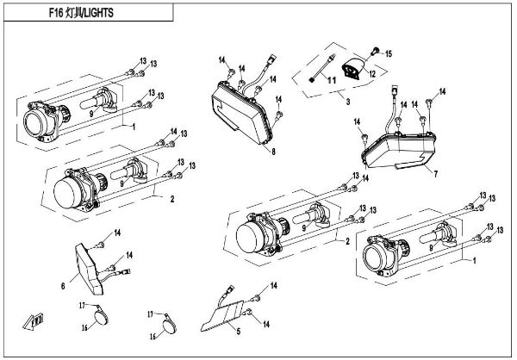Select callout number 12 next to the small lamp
[x=371, y=74]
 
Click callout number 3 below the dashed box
[x=346, y=102]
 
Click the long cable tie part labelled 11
[x=325, y=67]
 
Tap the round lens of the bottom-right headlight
[x=378, y=257]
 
